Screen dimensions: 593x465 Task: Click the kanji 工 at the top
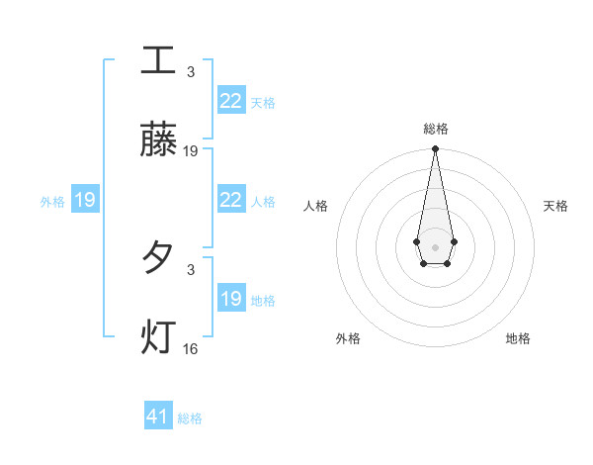[158, 60]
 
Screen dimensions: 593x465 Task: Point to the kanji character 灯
[158, 337]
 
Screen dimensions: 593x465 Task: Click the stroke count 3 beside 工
[191, 72]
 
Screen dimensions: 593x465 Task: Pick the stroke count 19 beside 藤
[191, 151]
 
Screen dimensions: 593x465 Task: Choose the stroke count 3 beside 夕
[191, 268]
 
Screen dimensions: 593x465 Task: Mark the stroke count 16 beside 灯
[191, 348]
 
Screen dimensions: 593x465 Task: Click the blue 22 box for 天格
[230, 101]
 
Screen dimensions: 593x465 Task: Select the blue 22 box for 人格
[230, 200]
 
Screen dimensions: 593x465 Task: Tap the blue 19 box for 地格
[230, 299]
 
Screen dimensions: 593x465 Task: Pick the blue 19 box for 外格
[85, 200]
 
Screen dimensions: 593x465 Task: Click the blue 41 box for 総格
[158, 417]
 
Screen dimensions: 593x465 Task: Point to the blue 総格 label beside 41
[190, 418]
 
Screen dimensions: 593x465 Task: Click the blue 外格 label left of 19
[52, 201]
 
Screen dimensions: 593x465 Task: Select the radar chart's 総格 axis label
[435, 129]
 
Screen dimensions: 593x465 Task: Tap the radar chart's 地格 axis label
[518, 338]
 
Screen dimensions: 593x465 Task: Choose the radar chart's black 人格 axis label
[315, 206]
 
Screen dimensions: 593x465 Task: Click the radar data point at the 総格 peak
[435, 149]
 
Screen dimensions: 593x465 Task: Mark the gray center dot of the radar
[435, 245]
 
